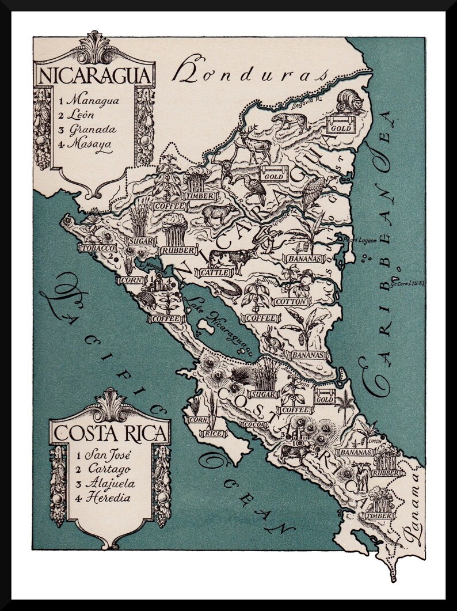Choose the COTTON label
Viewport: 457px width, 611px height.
[x=290, y=301]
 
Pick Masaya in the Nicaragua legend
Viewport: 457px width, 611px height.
[x=89, y=143]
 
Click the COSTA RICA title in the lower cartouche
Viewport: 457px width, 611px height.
[x=109, y=432]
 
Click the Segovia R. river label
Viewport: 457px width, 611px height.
[x=306, y=105]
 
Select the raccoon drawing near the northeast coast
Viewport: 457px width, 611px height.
[x=349, y=102]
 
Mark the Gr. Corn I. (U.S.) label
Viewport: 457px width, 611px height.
[x=408, y=283]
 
